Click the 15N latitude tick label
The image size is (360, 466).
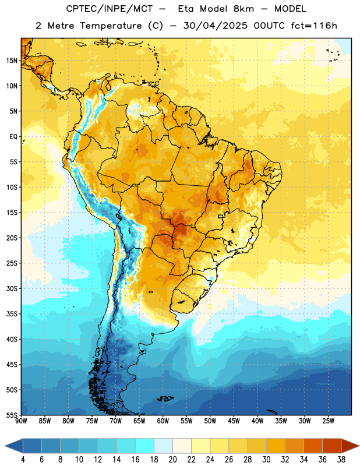[12, 61]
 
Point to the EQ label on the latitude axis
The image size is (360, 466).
[13, 137]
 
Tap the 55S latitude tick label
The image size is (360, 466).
[12, 415]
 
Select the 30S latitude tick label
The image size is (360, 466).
[12, 288]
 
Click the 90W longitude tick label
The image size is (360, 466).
[21, 421]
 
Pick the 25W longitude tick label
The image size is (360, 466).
[328, 421]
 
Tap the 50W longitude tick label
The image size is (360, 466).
[210, 421]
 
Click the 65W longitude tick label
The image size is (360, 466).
[139, 421]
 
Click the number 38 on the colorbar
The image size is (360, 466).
[341, 460]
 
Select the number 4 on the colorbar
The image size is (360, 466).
[23, 460]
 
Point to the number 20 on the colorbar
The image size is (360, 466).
[172, 460]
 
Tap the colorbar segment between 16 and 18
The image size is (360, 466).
[145, 446]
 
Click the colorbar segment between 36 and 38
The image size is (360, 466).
[332, 446]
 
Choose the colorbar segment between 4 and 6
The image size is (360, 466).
[33, 446]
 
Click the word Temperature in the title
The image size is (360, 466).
[111, 26]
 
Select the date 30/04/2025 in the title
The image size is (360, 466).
[215, 26]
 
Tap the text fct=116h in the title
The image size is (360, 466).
[314, 26]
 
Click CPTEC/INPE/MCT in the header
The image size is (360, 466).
[109, 9]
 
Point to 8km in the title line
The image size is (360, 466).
[243, 9]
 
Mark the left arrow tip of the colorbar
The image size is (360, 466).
[5, 446]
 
